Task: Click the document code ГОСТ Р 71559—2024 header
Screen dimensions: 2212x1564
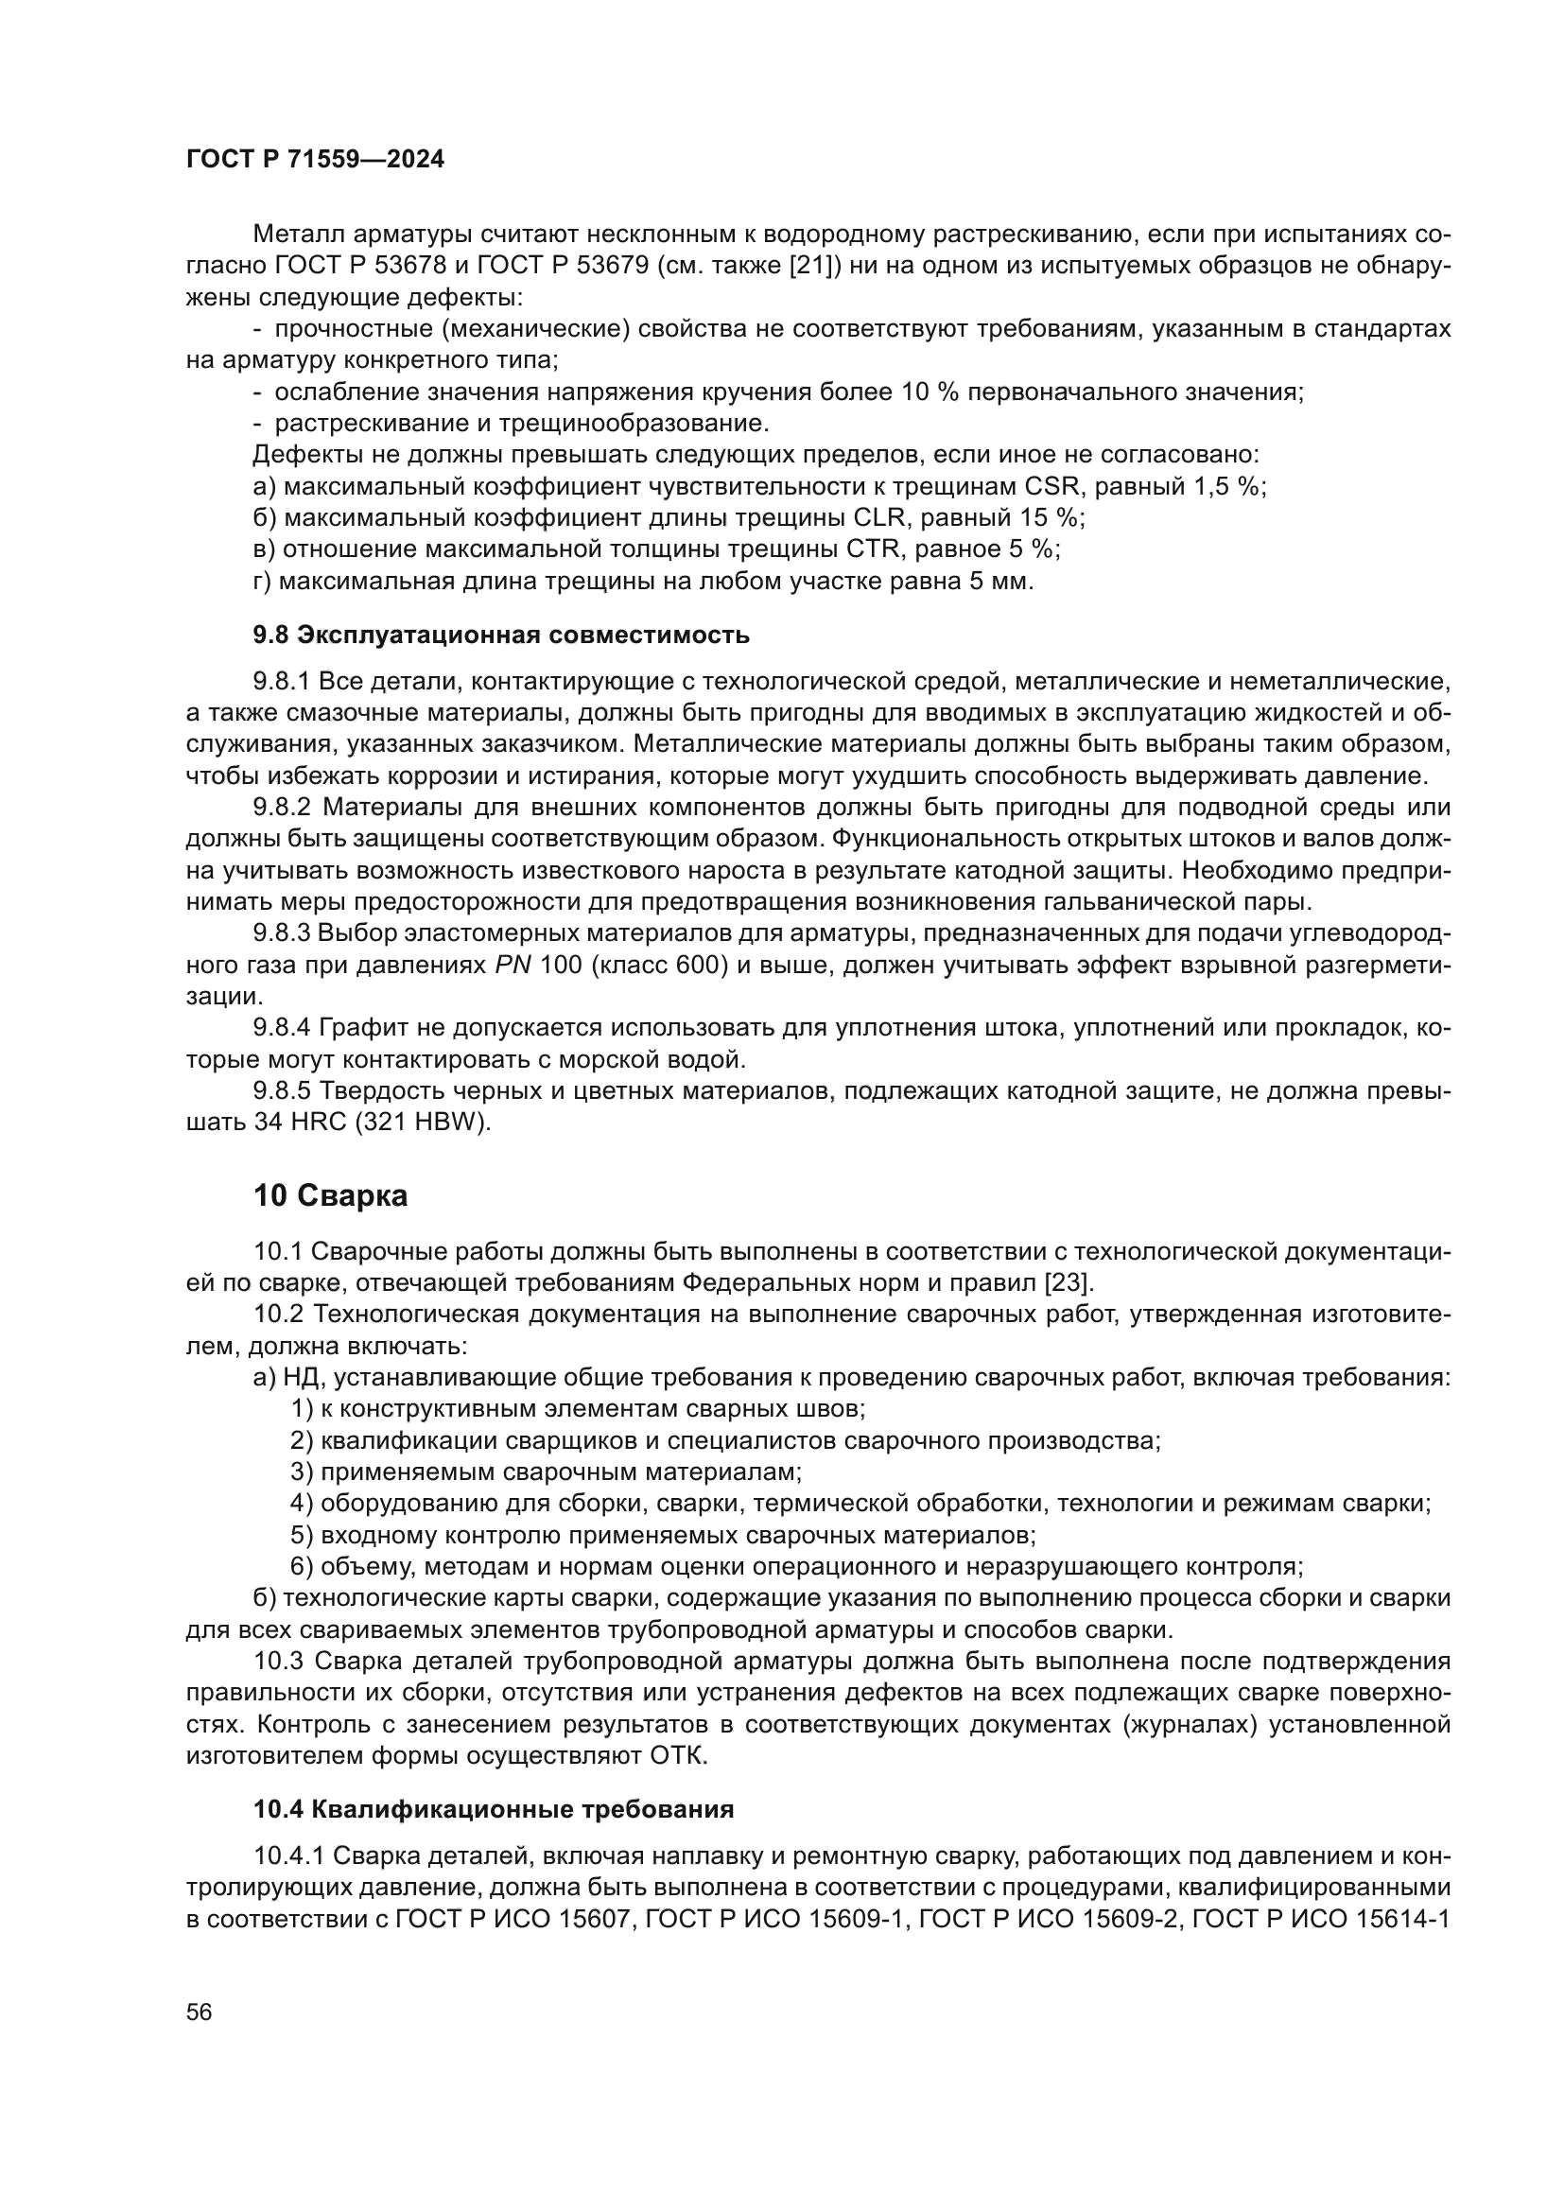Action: point(315,160)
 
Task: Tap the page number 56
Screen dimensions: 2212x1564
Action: point(200,2012)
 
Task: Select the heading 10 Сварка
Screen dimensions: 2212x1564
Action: point(330,1195)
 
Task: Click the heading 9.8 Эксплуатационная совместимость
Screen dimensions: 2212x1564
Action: point(501,635)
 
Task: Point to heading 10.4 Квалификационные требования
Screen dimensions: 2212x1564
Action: point(493,1809)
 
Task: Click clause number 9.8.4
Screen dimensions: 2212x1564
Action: point(282,1029)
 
